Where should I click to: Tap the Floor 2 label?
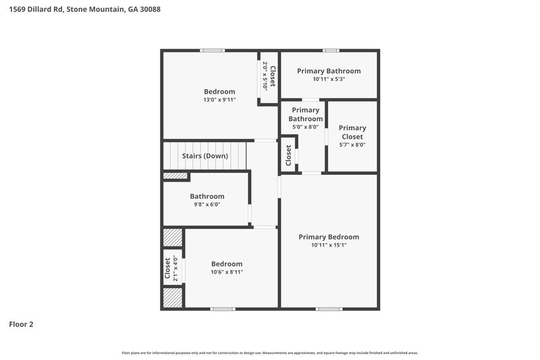point(21,324)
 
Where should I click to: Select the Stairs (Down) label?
point(205,156)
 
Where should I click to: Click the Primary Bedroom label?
point(329,237)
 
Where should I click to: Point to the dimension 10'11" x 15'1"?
point(329,246)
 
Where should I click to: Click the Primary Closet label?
point(352,132)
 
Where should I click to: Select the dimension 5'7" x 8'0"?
point(352,145)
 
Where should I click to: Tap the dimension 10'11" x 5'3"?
point(329,80)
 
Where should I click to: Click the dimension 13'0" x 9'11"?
point(219,100)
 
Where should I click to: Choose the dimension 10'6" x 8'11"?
point(226,272)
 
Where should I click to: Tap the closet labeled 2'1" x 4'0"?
point(171,268)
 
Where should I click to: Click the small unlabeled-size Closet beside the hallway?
point(288,156)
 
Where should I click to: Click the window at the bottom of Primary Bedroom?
point(329,309)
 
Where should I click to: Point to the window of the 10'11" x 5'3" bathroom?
point(330,50)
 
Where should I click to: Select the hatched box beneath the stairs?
point(175,176)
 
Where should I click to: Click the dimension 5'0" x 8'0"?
point(305,126)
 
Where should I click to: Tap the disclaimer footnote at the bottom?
point(270,353)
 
